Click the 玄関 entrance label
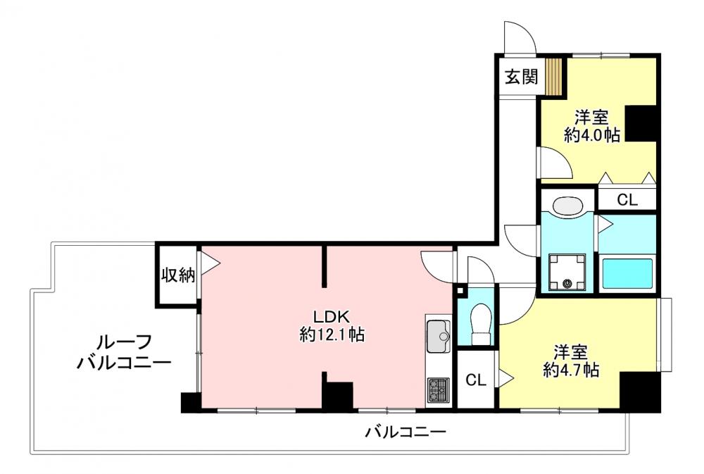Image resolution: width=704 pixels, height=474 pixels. click(x=521, y=77)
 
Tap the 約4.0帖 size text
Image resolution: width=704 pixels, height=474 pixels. click(x=592, y=135)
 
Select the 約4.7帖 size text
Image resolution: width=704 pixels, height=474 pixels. click(x=571, y=370)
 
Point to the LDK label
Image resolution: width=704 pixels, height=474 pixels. click(x=332, y=317)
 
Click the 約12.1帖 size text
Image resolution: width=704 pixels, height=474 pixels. click(x=332, y=335)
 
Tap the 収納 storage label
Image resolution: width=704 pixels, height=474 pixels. click(x=178, y=275)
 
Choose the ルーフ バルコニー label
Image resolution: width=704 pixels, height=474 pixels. click(x=124, y=352)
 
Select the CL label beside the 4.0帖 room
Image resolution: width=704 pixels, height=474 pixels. click(x=627, y=199)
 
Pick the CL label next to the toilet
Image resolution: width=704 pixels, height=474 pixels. click(x=476, y=380)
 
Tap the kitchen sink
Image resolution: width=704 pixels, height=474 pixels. click(x=438, y=336)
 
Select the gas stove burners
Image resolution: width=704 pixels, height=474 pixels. click(x=439, y=389)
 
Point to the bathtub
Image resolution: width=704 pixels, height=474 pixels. click(x=627, y=273)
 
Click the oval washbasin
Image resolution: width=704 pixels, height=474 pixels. click(x=568, y=206)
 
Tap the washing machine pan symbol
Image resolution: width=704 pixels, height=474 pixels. click(x=567, y=272)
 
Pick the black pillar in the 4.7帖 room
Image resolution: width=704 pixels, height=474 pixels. click(x=639, y=392)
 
